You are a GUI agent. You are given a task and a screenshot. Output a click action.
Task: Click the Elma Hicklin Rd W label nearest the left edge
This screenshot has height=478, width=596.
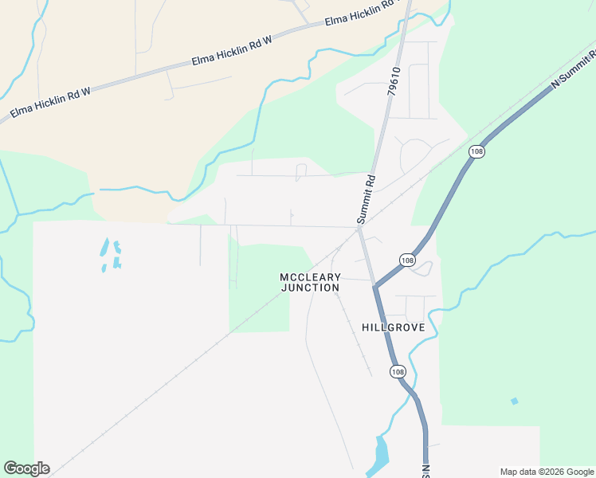pos(50,104)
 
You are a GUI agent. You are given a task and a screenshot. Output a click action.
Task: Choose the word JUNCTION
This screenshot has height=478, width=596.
pos(310,288)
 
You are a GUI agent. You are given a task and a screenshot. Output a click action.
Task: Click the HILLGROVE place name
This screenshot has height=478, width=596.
pos(393,327)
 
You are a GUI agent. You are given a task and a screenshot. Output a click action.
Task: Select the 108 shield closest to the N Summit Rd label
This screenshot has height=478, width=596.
pos(476,151)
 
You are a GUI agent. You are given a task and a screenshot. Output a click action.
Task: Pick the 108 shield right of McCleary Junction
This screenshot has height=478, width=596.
pos(407,261)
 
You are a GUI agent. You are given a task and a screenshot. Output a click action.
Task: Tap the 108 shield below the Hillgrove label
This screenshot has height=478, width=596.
pos(397,371)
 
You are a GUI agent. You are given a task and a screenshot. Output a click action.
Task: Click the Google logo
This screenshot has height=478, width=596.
pos(26,468)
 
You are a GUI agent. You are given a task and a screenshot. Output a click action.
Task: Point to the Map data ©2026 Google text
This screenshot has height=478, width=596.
pos(546,472)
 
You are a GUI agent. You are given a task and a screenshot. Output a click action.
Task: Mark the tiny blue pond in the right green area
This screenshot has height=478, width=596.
pos(514,401)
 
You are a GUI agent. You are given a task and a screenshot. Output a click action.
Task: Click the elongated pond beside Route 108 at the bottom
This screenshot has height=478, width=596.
pos(381,453)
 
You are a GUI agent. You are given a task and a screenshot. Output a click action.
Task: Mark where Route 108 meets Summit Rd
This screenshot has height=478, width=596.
pos(374,284)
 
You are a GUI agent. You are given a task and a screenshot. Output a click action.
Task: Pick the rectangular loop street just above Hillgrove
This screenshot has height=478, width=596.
pos(416,308)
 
